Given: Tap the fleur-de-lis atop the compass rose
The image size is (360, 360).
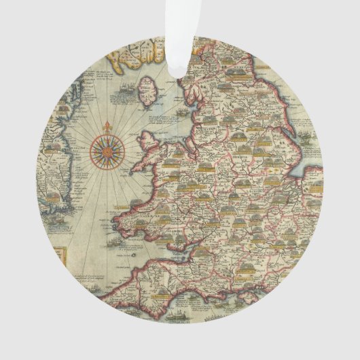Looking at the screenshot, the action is tap(107, 127).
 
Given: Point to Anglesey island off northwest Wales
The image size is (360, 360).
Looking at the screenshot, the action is tap(149, 143).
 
